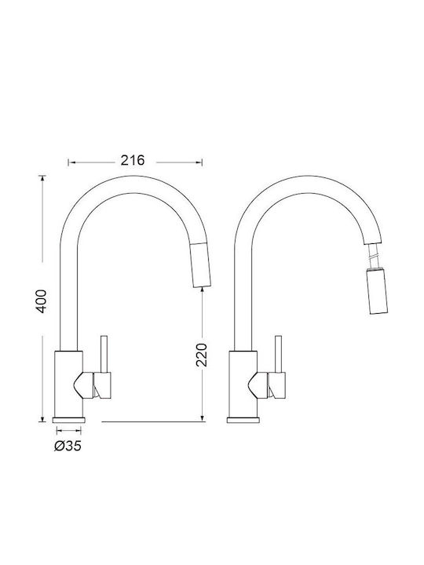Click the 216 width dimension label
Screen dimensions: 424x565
click(x=133, y=160)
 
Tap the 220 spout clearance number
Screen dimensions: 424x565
click(x=202, y=355)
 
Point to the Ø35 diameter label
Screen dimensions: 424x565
click(x=68, y=446)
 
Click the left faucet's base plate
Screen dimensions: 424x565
click(x=69, y=420)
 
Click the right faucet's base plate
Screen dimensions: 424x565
click(x=243, y=420)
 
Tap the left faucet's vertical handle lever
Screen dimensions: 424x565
click(x=104, y=354)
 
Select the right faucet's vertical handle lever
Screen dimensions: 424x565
click(x=278, y=354)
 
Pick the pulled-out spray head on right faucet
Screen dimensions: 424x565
click(x=377, y=292)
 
